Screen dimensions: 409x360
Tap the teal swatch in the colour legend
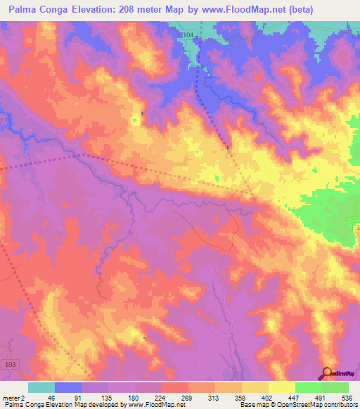coord(41,387)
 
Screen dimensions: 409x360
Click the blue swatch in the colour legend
coord(68,387)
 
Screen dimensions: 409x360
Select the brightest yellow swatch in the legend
coord(281,387)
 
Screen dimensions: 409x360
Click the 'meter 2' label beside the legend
coord(13,397)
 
